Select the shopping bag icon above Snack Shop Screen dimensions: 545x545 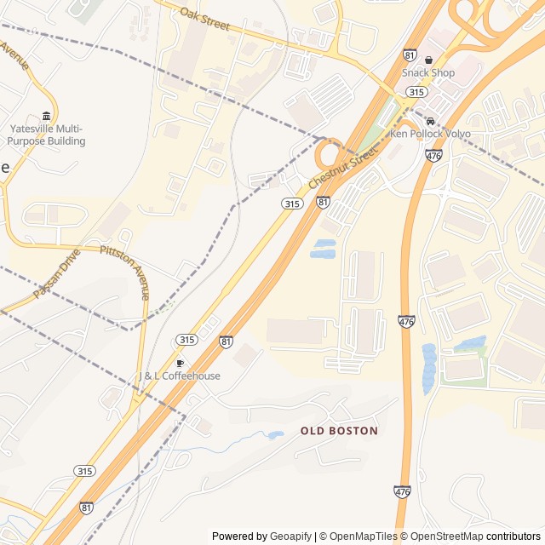click(x=428, y=60)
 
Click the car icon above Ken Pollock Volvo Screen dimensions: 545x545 click(x=431, y=121)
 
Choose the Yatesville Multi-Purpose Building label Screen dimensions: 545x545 click(x=47, y=135)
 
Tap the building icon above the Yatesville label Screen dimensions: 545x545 click(x=46, y=116)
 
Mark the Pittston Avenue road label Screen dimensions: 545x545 click(x=125, y=272)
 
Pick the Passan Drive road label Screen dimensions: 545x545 click(x=56, y=272)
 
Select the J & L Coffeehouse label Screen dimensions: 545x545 click(x=179, y=376)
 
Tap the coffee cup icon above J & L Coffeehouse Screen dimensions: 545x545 click(x=180, y=364)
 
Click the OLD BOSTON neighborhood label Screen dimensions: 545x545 click(x=339, y=431)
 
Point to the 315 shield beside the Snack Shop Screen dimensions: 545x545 click(x=416, y=92)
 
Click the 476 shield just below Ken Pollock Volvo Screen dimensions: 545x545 click(x=433, y=156)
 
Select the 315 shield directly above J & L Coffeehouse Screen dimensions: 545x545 click(x=186, y=340)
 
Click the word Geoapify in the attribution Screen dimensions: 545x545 click(x=290, y=536)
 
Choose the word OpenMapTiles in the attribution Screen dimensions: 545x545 click(x=363, y=536)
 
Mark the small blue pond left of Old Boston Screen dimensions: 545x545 click(x=274, y=435)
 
